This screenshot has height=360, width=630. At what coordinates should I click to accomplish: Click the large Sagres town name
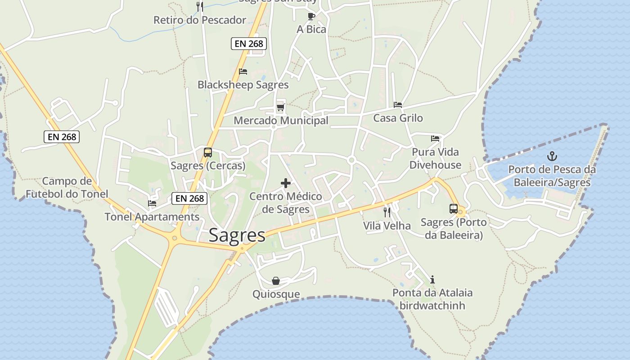(x=237, y=236)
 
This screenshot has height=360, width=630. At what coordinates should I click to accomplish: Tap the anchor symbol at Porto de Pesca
(x=552, y=157)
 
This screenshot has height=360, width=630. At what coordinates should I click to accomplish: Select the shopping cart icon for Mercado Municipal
(x=280, y=107)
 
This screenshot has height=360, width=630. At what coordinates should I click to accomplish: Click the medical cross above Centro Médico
(x=286, y=183)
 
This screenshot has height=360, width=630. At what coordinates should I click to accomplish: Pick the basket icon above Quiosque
(x=276, y=281)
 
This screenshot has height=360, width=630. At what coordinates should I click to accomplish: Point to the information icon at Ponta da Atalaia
(x=432, y=279)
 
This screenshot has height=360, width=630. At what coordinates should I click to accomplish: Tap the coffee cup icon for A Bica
(x=311, y=17)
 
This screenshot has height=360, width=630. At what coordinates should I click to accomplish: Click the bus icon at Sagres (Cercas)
(x=207, y=153)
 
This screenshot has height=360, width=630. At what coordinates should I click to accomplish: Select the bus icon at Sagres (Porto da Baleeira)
(x=453, y=209)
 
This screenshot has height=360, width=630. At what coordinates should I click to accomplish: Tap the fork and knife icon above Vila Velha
(x=387, y=212)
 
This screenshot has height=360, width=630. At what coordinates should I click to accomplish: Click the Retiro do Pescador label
(x=200, y=20)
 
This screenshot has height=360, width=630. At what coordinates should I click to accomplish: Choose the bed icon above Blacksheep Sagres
(x=243, y=72)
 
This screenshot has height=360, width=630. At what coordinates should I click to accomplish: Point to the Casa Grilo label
(x=398, y=118)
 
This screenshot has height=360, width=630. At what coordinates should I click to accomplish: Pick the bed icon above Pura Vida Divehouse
(x=435, y=139)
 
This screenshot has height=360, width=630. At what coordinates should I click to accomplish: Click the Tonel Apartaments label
(x=152, y=217)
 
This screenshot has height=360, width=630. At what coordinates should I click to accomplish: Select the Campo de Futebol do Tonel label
(x=67, y=188)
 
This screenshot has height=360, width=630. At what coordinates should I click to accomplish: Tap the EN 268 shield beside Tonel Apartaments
(x=189, y=198)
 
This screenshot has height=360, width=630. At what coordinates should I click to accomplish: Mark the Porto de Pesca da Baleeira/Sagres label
(x=552, y=176)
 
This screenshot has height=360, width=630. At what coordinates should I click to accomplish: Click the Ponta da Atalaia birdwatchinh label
(x=432, y=299)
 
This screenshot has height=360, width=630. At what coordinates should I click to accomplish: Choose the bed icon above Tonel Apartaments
(x=152, y=203)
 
